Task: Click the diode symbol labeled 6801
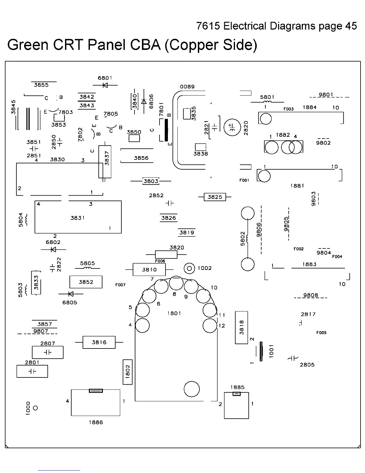click(105, 85)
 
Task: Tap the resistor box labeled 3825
click(215, 197)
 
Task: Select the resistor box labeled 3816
click(99, 342)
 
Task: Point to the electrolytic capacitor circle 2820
click(232, 127)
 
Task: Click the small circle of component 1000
click(35, 408)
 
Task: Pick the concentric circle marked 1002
click(189, 268)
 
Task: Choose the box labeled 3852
click(86, 282)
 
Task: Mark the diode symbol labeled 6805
click(71, 294)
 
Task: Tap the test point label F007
click(120, 285)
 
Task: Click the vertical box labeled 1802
click(128, 372)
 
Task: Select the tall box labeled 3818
click(242, 328)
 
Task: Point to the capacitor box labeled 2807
click(48, 352)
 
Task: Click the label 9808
click(310, 295)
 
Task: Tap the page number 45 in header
click(351, 26)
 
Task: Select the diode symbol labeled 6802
click(53, 249)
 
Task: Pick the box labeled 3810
click(149, 270)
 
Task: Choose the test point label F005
click(321, 333)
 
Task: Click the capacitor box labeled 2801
click(32, 371)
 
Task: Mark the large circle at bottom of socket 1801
click(191, 389)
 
